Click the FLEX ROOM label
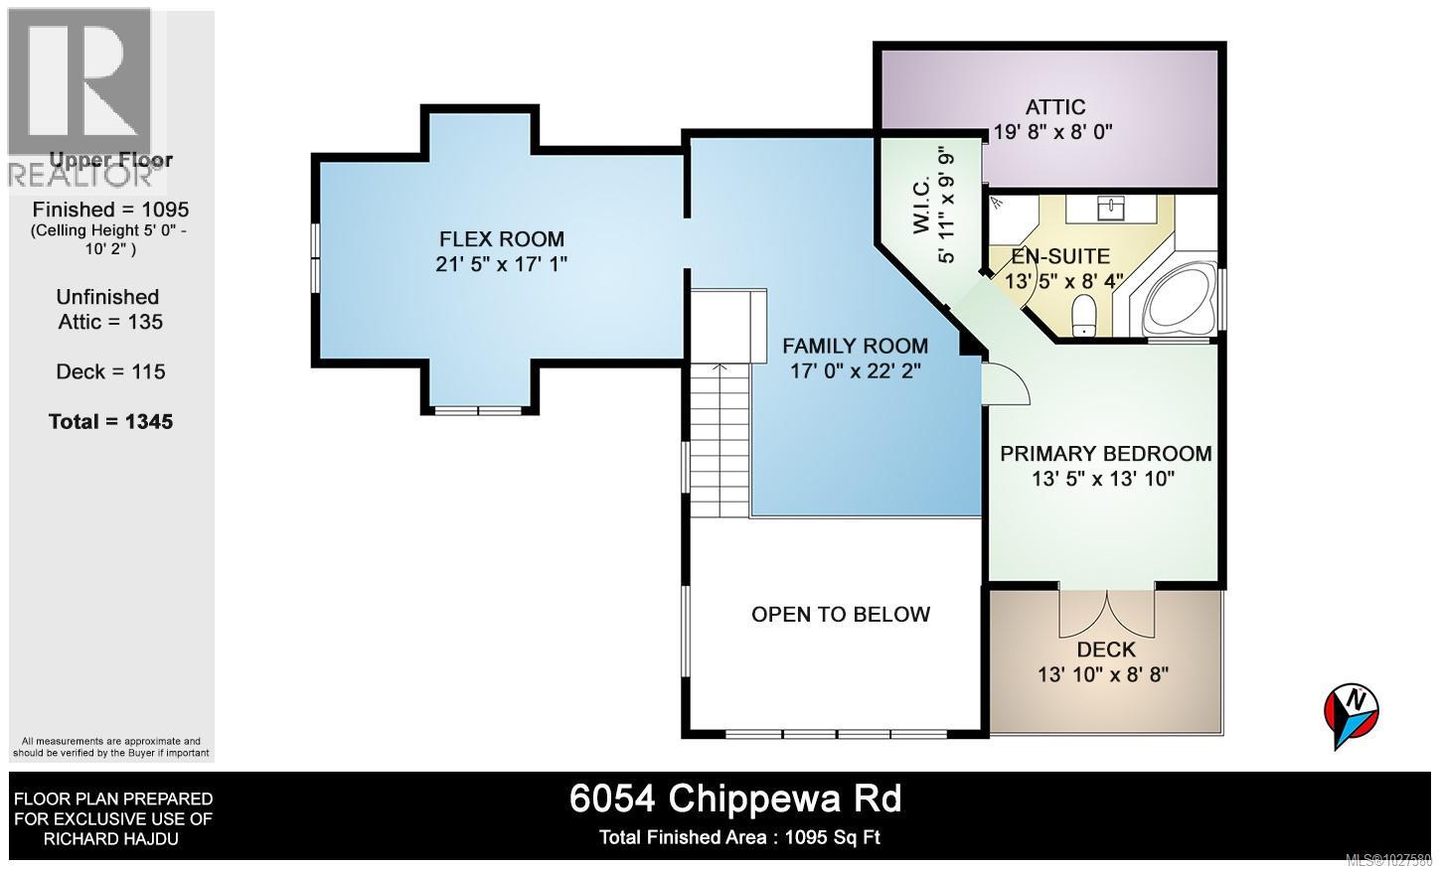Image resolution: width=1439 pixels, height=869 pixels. click(x=502, y=239)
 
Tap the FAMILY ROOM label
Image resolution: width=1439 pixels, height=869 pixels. click(x=855, y=347)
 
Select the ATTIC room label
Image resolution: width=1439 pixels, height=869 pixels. click(x=1054, y=107)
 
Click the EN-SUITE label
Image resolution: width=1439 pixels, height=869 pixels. click(x=1062, y=256)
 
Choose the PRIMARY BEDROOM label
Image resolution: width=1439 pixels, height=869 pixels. click(x=1105, y=454)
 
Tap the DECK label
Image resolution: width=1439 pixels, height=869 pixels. click(x=1105, y=650)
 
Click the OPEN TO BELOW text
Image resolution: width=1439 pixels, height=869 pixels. click(x=841, y=615)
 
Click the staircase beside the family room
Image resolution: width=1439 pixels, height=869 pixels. click(x=719, y=437)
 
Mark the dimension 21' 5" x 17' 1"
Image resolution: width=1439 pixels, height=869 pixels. click(x=502, y=264)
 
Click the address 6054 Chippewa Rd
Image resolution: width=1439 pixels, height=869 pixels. click(x=735, y=798)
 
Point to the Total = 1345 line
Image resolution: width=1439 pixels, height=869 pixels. click(x=110, y=422)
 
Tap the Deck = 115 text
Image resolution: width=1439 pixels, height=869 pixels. click(x=110, y=372)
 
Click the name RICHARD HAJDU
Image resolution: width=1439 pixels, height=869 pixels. click(x=111, y=839)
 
